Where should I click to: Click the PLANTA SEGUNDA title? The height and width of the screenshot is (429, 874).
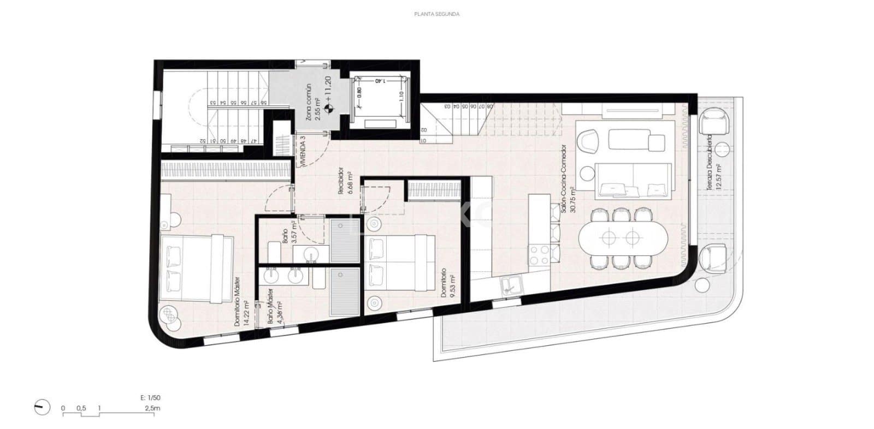click(x=436, y=14)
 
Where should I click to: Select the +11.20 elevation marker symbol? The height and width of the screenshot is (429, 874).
click(x=328, y=108)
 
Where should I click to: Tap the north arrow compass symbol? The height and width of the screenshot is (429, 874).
click(x=42, y=407)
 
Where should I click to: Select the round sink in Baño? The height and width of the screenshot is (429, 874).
click(x=311, y=254)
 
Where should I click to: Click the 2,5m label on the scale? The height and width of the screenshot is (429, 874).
click(x=152, y=408)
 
